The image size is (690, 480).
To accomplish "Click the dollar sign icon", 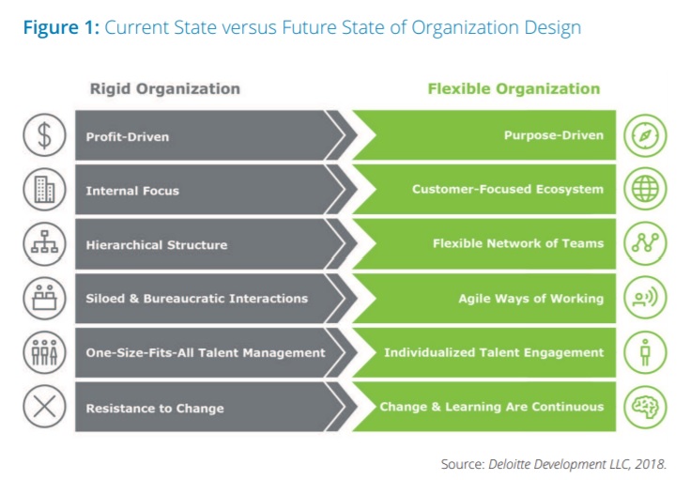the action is pos(44,134).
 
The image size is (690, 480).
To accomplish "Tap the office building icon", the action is pos(44,190).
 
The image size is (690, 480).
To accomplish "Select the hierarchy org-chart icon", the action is pos(44,243).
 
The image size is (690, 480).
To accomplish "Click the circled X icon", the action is pos(44,407).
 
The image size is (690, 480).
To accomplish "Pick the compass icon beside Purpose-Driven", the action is pos(645,135).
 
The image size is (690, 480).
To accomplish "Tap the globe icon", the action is pos(645,189).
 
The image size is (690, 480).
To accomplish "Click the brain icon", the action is pos(645,407).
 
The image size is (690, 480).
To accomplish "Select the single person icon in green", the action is pos(645,352).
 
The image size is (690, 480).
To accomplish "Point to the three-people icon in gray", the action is pos(44,352).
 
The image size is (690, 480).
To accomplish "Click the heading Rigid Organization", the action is pos(165,88).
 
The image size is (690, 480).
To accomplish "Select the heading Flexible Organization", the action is pos(514,88).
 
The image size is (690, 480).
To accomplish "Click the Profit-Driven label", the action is pos(128,136).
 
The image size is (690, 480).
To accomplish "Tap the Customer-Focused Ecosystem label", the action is pos(508,190).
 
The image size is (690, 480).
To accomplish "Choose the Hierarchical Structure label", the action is pos(157,245).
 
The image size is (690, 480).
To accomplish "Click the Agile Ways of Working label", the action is pos(531,299).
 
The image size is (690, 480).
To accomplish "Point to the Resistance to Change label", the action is pos(155,409).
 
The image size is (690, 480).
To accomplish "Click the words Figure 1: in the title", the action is pos(62,27).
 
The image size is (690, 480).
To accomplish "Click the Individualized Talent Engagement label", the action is pos(494,353).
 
